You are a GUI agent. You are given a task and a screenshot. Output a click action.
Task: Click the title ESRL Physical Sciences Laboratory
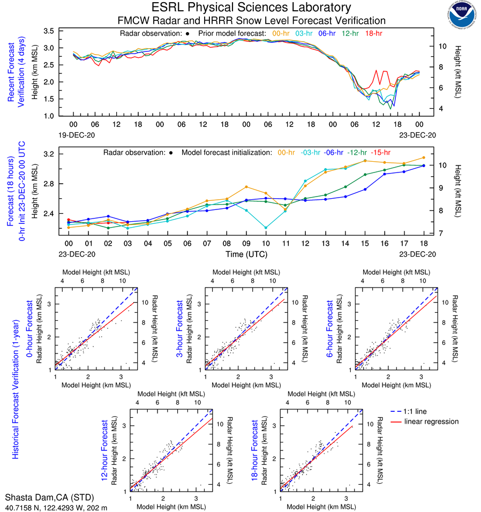pos(251,7)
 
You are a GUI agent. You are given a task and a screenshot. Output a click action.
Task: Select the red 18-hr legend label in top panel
pos(373,33)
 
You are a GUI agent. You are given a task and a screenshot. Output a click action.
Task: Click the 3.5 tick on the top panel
pos(49,31)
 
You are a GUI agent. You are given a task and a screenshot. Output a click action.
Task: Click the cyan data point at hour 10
pos(266,228)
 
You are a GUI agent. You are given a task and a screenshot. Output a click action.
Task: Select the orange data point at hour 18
pos(424,157)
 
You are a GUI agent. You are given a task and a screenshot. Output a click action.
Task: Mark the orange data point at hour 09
pos(246,187)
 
